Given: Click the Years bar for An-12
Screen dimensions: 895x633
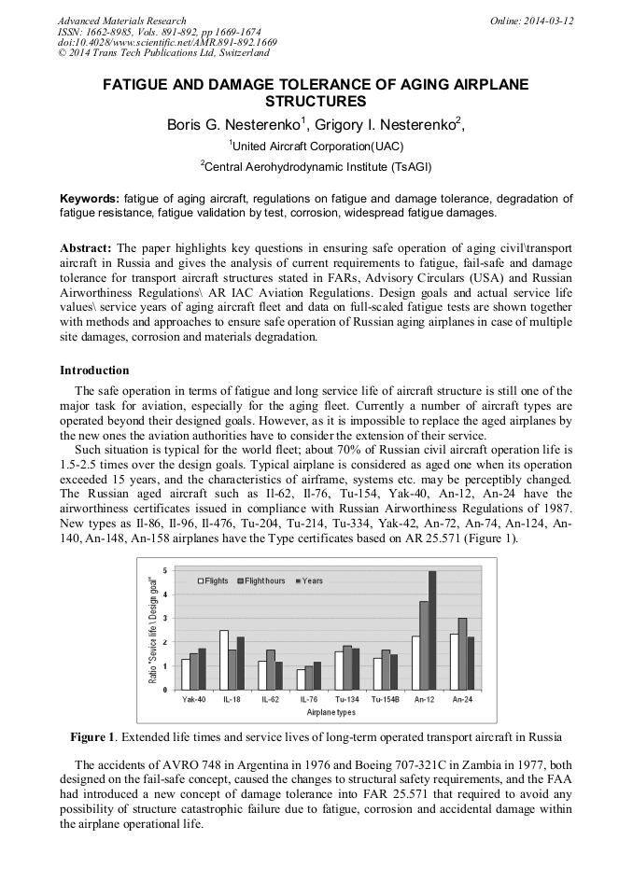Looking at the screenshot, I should point(432,630).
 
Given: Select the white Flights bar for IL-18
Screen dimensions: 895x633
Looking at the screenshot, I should point(224,660).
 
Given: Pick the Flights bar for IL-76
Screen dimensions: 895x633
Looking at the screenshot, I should point(301,679).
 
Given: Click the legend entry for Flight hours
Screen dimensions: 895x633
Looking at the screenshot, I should point(264,580).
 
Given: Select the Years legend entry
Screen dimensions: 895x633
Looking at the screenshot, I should point(310,580).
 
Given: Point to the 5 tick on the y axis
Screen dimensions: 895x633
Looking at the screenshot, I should point(164,570).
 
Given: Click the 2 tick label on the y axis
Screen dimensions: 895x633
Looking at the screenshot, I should point(164,642).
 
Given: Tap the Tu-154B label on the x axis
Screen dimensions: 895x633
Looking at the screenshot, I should point(386,699).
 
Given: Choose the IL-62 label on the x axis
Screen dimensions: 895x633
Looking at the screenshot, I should point(271,699).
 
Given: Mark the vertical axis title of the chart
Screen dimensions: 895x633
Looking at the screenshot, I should point(152,630).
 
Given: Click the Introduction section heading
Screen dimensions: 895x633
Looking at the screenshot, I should point(94,371).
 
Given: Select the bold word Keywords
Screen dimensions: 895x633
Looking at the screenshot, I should point(90,199).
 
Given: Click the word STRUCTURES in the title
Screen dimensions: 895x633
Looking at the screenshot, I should point(316,101).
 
